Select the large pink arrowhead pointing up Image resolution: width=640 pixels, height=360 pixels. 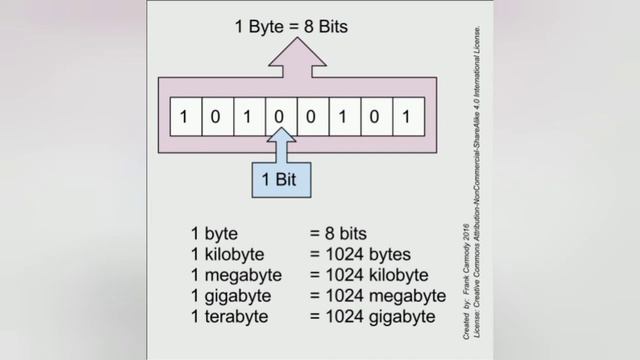pos(294,60)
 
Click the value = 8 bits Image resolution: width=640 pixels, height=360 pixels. pos(344,232)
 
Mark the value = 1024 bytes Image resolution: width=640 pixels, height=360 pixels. pos(361,253)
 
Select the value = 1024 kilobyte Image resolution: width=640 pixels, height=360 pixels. pos(369,274)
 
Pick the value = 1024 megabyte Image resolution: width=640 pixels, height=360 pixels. pos(375,296)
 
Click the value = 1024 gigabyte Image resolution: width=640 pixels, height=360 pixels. pos(372,317)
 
